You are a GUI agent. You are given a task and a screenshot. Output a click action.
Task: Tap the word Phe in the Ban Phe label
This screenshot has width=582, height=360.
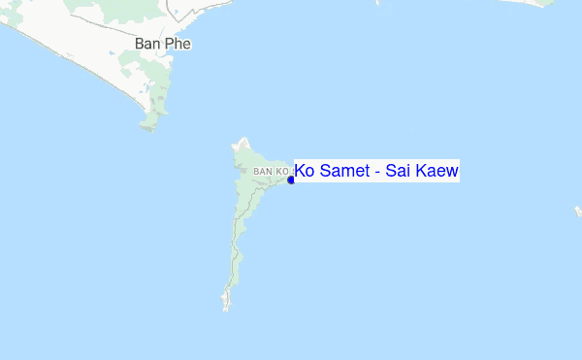(178, 45)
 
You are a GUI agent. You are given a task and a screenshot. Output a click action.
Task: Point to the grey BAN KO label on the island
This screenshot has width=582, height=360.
(270, 172)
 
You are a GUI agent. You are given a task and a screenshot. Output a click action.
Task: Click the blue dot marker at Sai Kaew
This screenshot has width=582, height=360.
(291, 180)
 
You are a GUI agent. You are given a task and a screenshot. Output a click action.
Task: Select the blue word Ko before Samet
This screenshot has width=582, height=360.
(305, 172)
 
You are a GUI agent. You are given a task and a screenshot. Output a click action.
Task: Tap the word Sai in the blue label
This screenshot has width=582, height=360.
(398, 172)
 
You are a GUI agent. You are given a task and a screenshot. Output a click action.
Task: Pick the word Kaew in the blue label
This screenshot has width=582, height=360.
(436, 172)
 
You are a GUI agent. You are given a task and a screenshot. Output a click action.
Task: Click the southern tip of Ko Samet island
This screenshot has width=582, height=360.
(227, 308)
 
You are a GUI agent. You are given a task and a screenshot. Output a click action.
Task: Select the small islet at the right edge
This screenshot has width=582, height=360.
(578, 211)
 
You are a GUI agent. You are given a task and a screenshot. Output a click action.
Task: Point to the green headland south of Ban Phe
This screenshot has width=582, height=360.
(150, 121)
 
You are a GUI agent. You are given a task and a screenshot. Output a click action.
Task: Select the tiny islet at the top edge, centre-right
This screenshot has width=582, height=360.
(378, 2)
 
